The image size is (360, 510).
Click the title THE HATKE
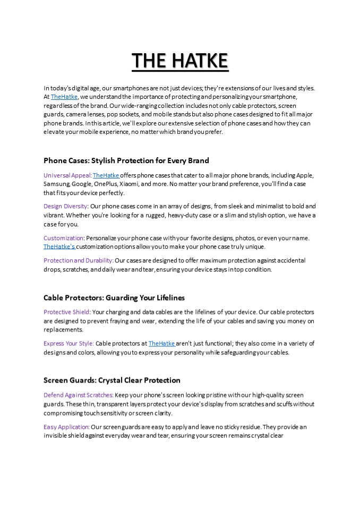tap(180, 61)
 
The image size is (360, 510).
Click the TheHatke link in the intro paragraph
tap(64, 97)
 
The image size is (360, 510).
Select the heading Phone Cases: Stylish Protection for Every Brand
tap(126, 160)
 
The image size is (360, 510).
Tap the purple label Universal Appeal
tap(67, 175)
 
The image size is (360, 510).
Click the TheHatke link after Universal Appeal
tap(106, 175)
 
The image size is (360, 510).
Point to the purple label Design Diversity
tap(66, 206)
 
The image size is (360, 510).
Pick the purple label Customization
tap(64, 238)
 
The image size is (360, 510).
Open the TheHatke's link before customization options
tap(59, 246)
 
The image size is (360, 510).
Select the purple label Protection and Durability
tap(78, 260)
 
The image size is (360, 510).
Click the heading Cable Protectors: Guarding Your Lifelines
tap(114, 297)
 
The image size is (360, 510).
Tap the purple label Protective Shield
tap(66, 312)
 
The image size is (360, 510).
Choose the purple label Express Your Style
tap(68, 343)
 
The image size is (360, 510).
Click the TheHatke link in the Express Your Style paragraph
tap(161, 343)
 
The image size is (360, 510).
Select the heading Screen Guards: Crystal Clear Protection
tap(112, 380)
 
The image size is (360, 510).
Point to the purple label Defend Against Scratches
tap(78, 395)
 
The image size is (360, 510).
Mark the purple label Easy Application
tap(66, 427)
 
